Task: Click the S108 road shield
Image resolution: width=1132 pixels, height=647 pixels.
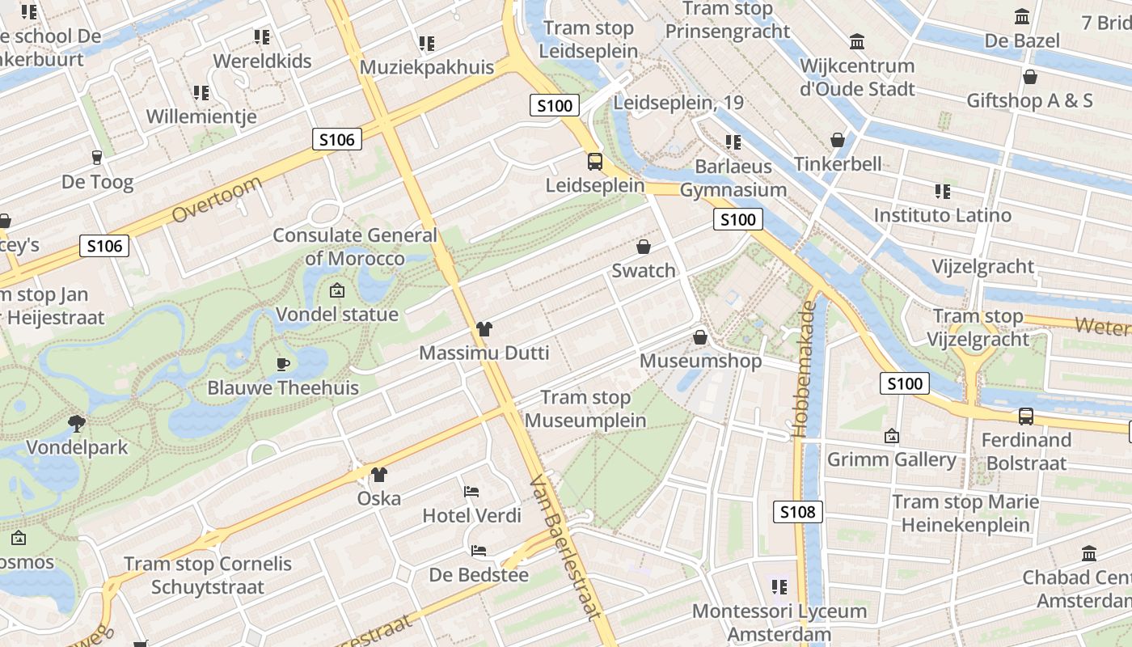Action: [798, 511]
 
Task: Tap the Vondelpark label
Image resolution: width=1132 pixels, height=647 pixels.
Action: [77, 447]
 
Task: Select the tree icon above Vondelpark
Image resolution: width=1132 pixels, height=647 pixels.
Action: [77, 422]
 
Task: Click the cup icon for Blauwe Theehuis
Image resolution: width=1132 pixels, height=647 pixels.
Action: [283, 364]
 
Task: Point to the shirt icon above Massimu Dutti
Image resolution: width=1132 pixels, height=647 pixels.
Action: [484, 328]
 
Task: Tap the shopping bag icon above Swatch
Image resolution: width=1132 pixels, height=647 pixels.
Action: [644, 246]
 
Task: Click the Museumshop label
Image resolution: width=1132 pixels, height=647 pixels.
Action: [700, 361]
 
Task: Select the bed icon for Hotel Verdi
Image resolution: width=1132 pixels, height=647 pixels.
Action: [471, 491]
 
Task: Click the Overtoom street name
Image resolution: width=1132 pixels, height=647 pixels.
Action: [218, 199]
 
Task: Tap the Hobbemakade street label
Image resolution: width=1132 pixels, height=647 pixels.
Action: [806, 368]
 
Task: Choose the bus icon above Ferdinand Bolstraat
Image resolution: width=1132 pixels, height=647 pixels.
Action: [1025, 416]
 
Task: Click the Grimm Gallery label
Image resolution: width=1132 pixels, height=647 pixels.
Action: [891, 459]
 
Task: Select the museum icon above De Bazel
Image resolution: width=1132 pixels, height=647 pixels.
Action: [1022, 16]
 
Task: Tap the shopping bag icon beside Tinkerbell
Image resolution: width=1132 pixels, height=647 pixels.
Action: [838, 140]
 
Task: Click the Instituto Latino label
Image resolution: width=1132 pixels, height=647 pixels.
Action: [942, 215]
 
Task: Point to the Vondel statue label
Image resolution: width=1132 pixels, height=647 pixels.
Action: [337, 314]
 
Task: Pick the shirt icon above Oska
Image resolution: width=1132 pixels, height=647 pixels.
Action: [379, 474]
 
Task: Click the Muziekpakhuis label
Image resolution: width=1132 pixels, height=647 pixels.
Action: [426, 67]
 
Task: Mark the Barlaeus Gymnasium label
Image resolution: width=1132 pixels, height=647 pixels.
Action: [733, 178]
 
